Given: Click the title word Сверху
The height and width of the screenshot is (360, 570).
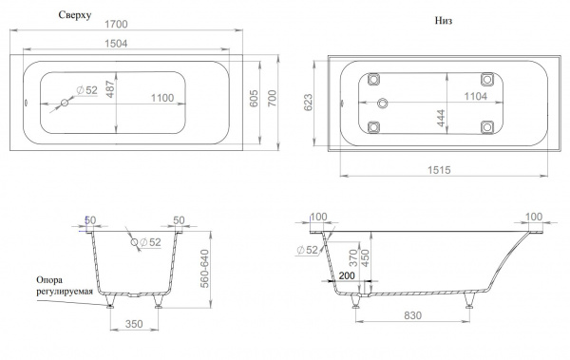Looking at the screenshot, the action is pos(75,15).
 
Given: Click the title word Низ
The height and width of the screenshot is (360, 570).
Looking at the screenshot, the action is pos(444,21).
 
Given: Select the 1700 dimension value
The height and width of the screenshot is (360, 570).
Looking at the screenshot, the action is pos(116,24).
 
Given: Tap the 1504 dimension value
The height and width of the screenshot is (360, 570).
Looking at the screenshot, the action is pos(116,44).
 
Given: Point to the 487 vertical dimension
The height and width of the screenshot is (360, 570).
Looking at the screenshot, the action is pos(110,89).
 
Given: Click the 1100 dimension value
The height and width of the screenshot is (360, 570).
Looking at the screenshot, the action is pos(162,98).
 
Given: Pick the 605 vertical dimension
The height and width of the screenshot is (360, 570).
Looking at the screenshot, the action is pos(254,98).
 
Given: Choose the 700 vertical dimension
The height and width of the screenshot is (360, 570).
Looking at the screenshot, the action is pos(272,98).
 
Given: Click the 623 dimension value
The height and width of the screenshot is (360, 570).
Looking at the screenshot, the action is pos(308,103).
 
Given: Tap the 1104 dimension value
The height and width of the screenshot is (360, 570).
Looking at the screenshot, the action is pos(476,96).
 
